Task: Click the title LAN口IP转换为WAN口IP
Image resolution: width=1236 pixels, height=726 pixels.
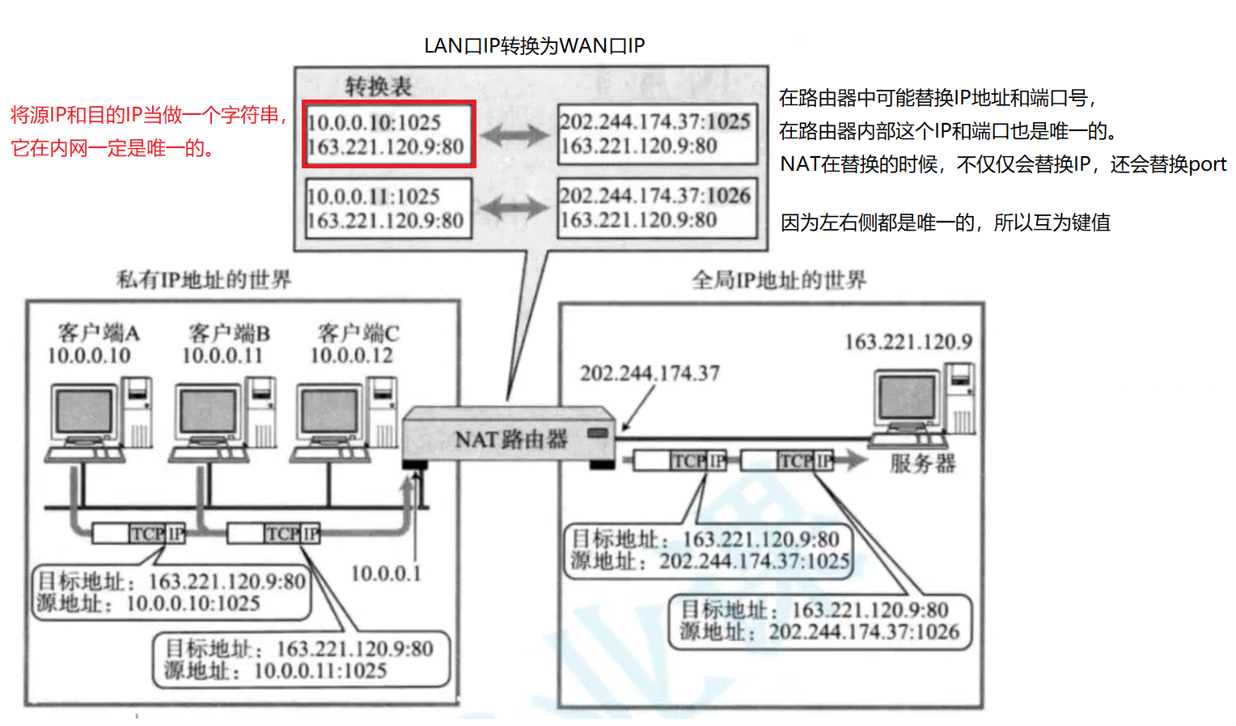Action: [534, 45]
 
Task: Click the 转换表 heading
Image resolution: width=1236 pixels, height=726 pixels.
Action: [378, 86]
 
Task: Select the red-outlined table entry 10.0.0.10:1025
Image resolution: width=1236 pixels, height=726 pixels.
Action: [388, 134]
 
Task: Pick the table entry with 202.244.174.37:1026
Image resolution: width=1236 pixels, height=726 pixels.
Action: [656, 207]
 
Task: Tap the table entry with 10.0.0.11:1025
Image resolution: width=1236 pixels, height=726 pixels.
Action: [387, 208]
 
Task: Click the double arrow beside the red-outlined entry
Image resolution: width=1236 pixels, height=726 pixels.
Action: [515, 135]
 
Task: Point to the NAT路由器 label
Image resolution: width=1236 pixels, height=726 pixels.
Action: [510, 439]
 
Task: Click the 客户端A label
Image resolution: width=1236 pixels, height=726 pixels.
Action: [98, 333]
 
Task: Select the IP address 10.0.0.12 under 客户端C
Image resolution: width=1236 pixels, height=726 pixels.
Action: [352, 355]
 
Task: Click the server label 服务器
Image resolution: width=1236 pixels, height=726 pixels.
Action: [922, 463]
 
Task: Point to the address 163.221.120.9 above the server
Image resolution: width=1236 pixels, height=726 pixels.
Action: [908, 342]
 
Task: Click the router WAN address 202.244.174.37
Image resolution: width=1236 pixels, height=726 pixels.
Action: [649, 373]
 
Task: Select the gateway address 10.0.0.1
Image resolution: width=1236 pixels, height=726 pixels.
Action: [386, 573]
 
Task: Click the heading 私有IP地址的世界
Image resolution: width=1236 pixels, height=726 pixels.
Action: [204, 280]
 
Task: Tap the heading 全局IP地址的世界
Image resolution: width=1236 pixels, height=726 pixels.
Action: [778, 280]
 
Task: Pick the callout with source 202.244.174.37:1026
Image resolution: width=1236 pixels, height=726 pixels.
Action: [819, 621]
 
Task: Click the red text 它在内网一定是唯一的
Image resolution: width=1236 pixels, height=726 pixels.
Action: [112, 148]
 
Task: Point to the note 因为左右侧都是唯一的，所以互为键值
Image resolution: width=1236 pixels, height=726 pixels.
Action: [945, 223]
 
